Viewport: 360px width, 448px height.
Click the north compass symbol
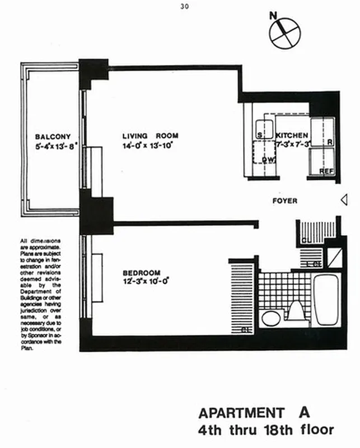click(286, 32)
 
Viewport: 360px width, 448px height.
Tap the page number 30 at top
click(185, 7)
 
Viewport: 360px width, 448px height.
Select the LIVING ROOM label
click(151, 136)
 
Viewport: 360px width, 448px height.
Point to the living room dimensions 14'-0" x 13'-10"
click(148, 145)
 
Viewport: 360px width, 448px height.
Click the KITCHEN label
click(292, 136)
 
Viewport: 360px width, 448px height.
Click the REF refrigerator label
click(326, 171)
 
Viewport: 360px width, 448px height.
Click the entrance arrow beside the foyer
click(344, 199)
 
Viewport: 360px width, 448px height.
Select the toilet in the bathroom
click(294, 311)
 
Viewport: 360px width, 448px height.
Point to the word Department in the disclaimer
click(38, 287)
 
